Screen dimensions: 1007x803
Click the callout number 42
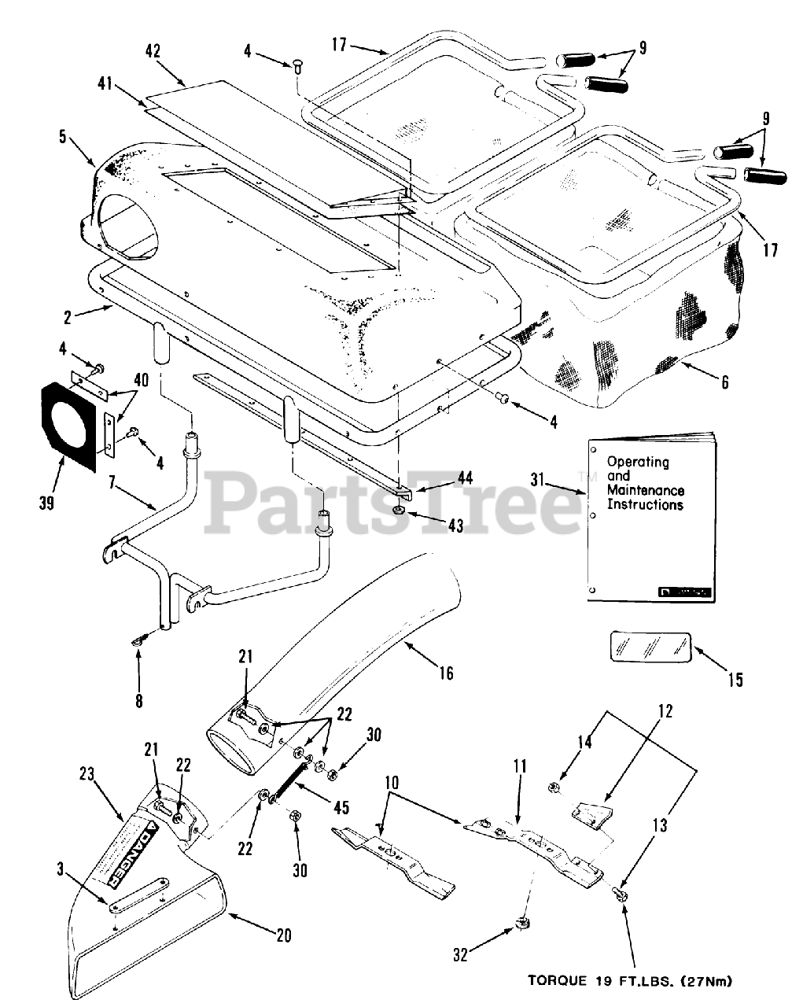(153, 51)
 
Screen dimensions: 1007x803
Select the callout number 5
(62, 136)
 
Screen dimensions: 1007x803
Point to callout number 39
(46, 502)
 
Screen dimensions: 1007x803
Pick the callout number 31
(537, 480)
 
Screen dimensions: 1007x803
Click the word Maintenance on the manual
(645, 491)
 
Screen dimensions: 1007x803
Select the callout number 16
(446, 673)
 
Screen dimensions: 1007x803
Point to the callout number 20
(283, 935)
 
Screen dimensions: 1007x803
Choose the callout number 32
(460, 955)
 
